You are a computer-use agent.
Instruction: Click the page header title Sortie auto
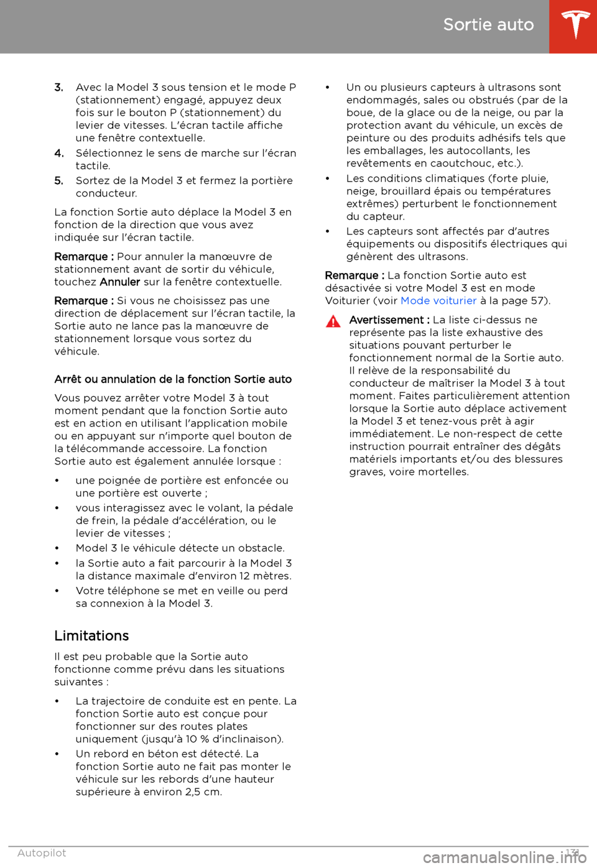point(488,25)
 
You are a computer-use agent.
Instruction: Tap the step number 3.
point(59,88)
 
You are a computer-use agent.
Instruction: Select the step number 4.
point(59,154)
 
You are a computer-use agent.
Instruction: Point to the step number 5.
point(59,181)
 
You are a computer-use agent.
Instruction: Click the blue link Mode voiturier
point(438,301)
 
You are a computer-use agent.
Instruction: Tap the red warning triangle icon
point(333,321)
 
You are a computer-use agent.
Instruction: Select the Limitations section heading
point(91,636)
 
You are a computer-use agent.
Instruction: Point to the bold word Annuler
point(120,282)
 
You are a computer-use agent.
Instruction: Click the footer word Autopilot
point(42,853)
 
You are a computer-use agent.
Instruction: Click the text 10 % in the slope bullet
point(197,739)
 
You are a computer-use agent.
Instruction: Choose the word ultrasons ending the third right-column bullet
point(442,257)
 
